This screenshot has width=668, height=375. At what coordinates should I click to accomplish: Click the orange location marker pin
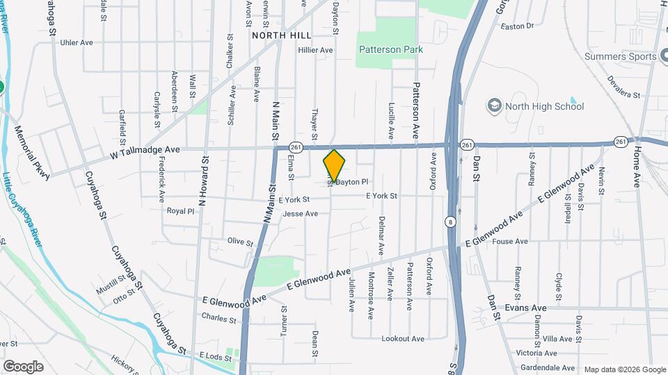pos(334,165)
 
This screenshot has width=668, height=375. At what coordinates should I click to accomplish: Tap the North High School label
pos(545,106)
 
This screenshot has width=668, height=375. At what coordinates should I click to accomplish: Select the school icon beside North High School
pos(495,106)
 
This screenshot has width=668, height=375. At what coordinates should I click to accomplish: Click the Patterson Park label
pos(390,49)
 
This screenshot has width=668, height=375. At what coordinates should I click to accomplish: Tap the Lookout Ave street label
pos(403,338)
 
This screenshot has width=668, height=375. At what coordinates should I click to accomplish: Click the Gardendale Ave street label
pos(548,367)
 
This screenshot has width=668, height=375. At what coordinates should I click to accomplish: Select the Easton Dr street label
pos(517,26)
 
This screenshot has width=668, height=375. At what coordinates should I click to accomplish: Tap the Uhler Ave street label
pos(77,42)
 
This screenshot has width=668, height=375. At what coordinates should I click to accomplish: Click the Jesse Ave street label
pos(300,213)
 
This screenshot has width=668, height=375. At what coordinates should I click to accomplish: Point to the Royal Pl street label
pos(180,210)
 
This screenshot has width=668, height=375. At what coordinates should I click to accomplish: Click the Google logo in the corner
pos(24,366)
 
